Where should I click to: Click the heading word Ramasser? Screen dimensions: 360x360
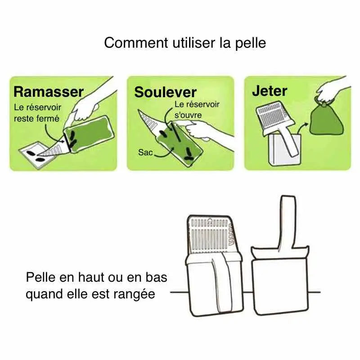point(49,92)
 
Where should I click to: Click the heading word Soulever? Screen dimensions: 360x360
point(165,92)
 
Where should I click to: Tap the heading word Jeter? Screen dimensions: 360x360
point(269,90)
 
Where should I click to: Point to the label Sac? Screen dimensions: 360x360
point(145,153)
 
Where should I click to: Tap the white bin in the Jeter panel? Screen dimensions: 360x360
point(282,151)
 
